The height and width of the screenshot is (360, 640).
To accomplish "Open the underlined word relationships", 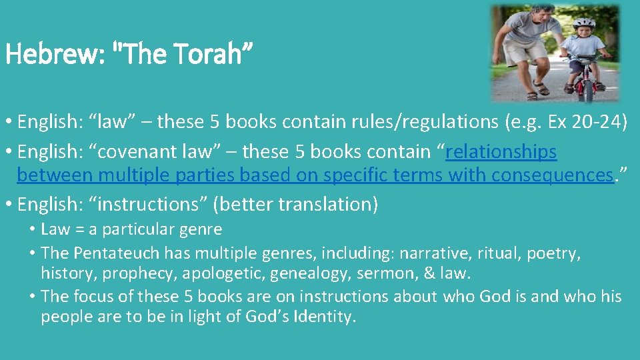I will tap(501, 151).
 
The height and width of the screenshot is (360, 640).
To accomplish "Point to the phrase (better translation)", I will tap(295, 204).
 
